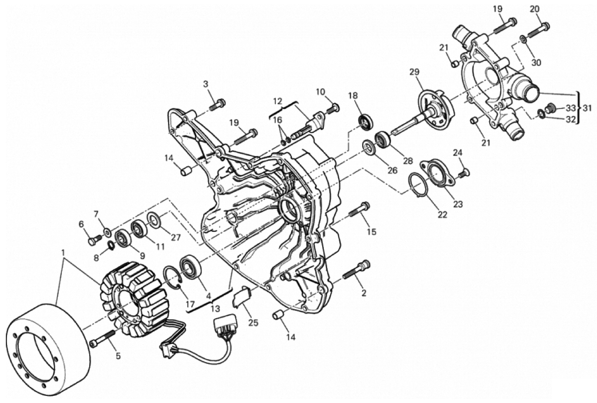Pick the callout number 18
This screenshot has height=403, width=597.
pyautogui.click(x=353, y=96)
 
